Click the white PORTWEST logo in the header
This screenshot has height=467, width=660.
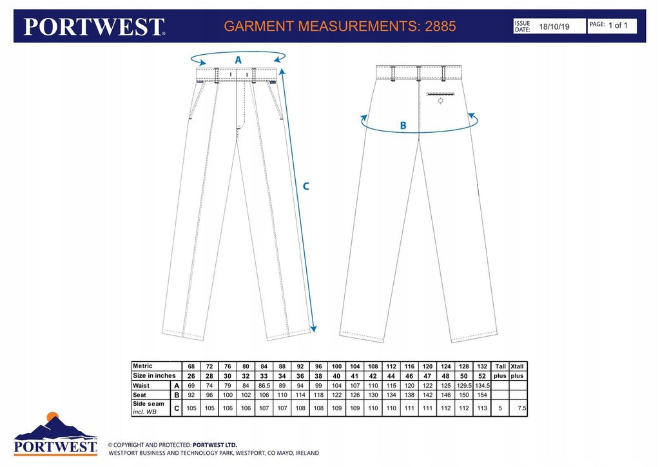94,26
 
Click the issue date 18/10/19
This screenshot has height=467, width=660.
554,26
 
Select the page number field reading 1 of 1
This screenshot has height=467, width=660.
618,25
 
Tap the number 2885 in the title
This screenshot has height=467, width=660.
440,26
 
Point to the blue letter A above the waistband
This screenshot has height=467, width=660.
238,60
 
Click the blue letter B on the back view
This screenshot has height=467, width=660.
403,125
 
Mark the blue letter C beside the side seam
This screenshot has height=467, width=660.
306,186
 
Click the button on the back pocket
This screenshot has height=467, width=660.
441,101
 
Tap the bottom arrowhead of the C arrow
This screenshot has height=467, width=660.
313,328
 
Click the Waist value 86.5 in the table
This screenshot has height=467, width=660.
264,386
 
